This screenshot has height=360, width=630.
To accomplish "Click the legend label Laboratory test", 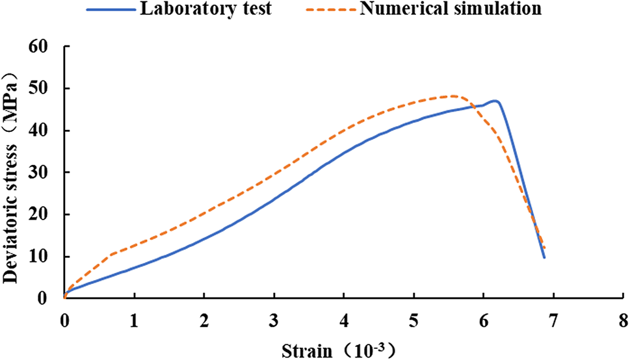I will (x=200, y=10).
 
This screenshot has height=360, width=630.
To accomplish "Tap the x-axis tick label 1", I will (x=134, y=320).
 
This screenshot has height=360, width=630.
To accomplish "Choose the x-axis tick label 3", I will (x=274, y=320).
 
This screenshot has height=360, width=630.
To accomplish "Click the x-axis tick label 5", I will (x=413, y=320).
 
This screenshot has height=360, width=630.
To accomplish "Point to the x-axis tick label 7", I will (x=553, y=320).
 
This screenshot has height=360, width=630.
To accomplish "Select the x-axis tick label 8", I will (x=623, y=320).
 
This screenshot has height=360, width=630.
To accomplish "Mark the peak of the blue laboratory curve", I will (x=495, y=101).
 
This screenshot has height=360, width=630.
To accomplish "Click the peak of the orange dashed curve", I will (x=453, y=96).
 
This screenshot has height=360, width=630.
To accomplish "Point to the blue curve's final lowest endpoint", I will (x=544, y=258).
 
